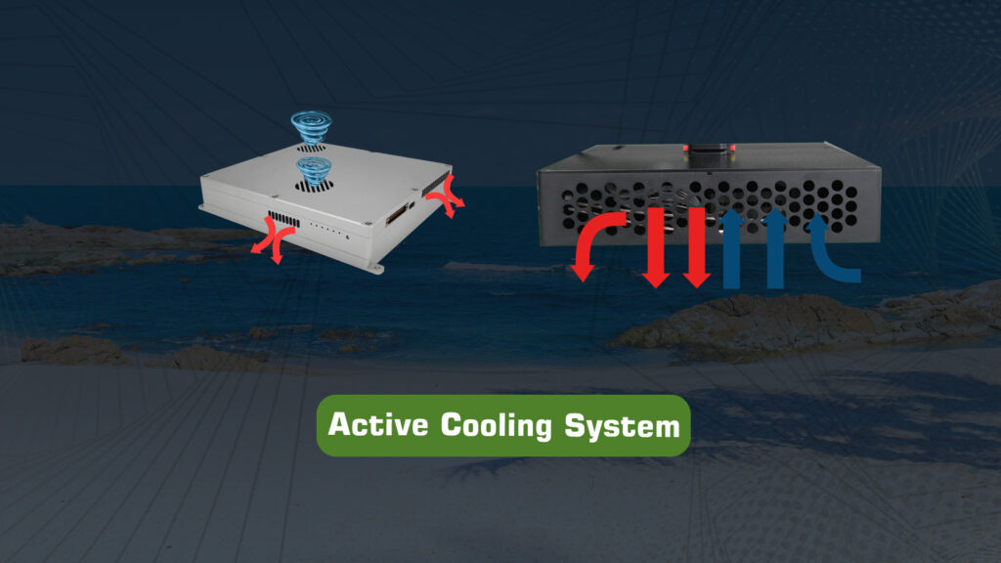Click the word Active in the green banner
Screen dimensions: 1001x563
pyautogui.click(x=378, y=424)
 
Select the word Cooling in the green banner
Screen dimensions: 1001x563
pyautogui.click(x=496, y=426)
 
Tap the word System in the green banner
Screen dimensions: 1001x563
pyautogui.click(x=623, y=427)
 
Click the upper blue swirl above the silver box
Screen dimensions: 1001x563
pyautogui.click(x=311, y=126)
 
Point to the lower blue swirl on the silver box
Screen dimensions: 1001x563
pyautogui.click(x=314, y=171)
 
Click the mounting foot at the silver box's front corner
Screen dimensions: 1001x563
pyautogui.click(x=375, y=268)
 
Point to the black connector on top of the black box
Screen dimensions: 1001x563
pyautogui.click(x=710, y=152)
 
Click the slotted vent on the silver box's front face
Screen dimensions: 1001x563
pyautogui.click(x=283, y=219)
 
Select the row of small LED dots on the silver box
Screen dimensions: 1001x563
pyautogui.click(x=328, y=230)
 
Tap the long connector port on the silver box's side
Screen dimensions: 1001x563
pyautogui.click(x=397, y=214)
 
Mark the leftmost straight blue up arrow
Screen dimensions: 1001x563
pyautogui.click(x=731, y=249)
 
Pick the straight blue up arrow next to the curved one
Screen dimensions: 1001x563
pyautogui.click(x=774, y=249)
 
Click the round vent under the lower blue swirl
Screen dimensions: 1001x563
pyautogui.click(x=314, y=186)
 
